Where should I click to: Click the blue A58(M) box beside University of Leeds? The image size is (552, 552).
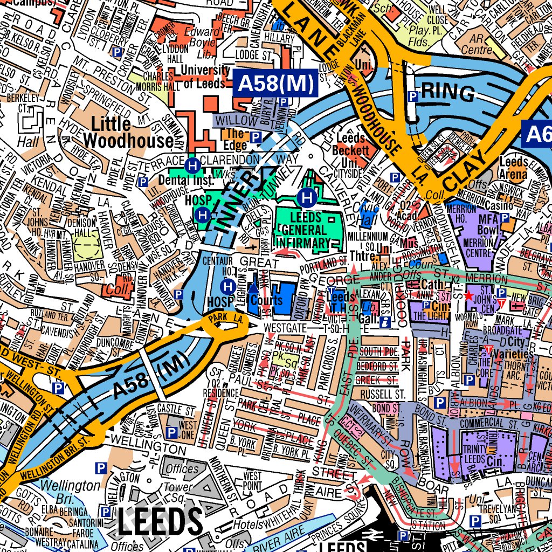click(275, 84)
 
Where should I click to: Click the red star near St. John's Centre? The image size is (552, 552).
click(468, 296)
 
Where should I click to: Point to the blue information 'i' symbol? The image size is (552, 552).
click(385, 322)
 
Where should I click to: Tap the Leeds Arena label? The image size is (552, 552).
click(513, 168)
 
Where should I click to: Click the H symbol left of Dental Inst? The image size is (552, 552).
click(191, 165)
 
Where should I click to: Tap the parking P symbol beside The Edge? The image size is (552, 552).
click(256, 137)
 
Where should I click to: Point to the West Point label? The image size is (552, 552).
click(253, 480)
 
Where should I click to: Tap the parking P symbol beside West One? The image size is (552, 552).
click(171, 432)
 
